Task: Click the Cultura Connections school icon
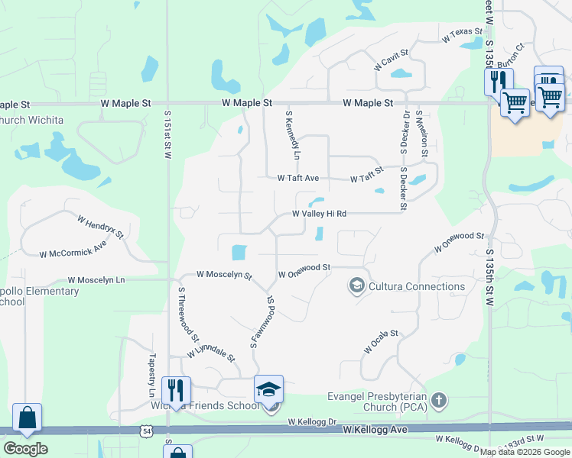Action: [356, 286]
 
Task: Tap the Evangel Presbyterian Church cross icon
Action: [438, 399]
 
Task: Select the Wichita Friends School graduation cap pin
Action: [269, 389]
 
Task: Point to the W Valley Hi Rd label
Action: [320, 214]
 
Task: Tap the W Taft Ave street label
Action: [297, 179]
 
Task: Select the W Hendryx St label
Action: [100, 227]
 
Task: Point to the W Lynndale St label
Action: [211, 352]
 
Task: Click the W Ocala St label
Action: [382, 342]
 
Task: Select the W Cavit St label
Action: [392, 60]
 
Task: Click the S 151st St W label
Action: [168, 133]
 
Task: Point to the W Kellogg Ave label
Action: [375, 431]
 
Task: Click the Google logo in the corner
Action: [25, 448]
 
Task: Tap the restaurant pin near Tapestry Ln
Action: [176, 390]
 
